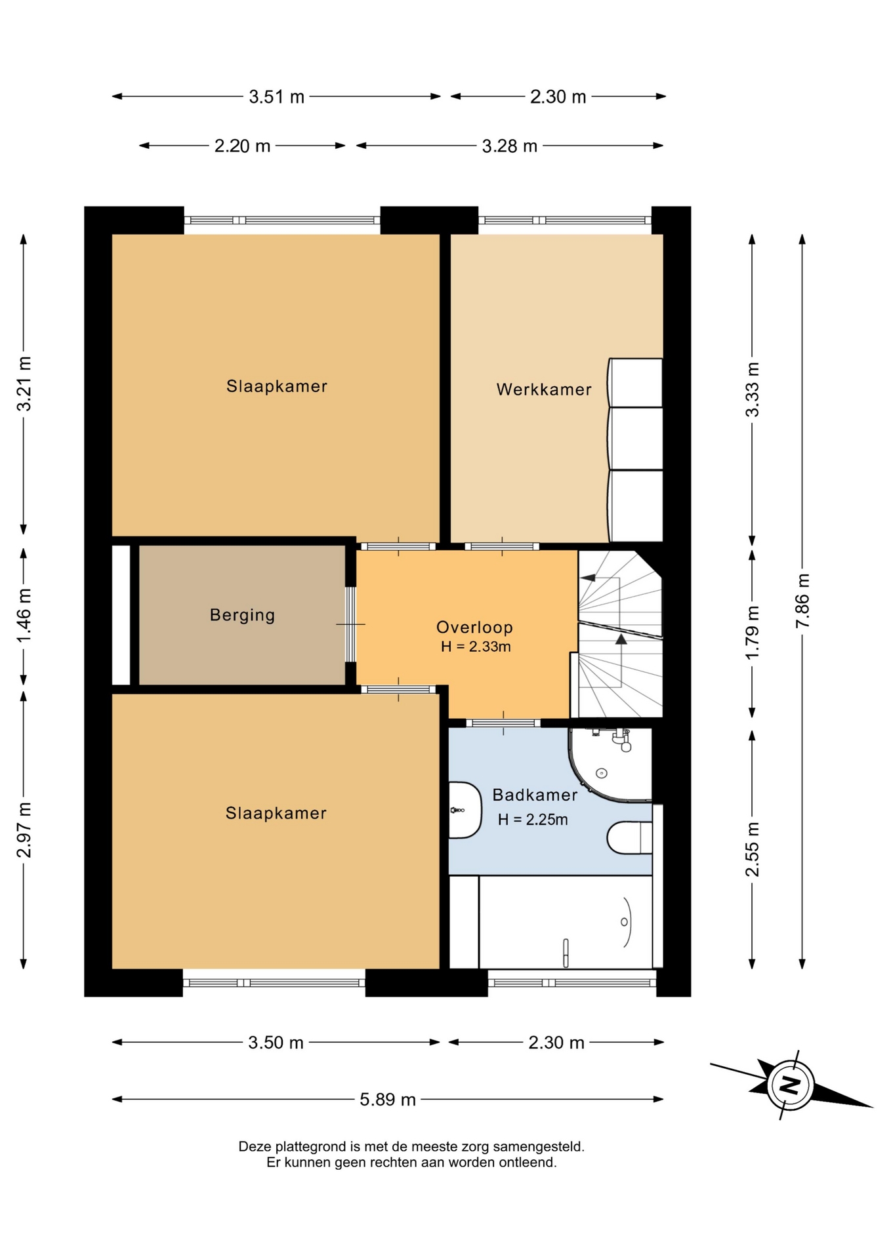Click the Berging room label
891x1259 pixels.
tap(242, 615)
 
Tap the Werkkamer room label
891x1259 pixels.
tap(544, 390)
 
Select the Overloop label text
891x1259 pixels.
tap(474, 628)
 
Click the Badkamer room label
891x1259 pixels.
tap(535, 795)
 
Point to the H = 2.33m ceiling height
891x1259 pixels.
tap(476, 647)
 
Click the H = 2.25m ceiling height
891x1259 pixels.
tap(533, 820)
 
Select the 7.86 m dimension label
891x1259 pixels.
tap(802, 601)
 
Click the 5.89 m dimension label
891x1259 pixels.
tap(388, 1099)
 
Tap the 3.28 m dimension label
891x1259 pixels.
tap(510, 146)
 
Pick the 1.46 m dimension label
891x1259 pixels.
tap(24, 616)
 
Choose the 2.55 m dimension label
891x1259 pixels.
tap(752, 849)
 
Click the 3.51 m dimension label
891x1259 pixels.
tap(276, 97)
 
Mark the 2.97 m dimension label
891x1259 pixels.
tap(24, 829)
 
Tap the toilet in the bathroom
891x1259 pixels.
tap(629, 837)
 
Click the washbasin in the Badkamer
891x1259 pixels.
tap(465, 810)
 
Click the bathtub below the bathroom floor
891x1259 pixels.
tap(566, 922)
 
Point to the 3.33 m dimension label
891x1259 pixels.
tap(752, 390)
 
